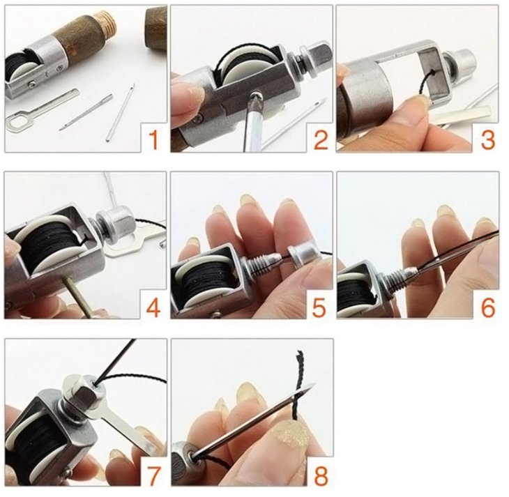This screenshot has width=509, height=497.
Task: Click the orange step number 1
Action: tap(155, 139)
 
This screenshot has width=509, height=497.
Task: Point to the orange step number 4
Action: tap(153, 307)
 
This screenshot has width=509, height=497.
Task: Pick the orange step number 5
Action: tap(319, 307)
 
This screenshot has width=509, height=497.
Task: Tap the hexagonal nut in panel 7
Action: tap(86, 392)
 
